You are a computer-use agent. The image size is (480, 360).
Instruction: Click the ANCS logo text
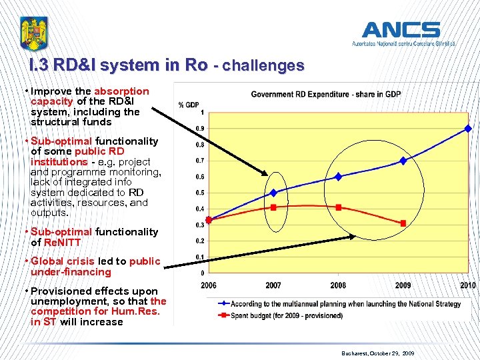click(401, 30)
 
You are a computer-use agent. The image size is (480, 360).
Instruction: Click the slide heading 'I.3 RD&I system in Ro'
click(117, 65)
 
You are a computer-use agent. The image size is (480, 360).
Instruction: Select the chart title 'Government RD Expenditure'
click(325, 94)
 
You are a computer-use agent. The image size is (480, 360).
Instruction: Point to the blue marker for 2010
click(468, 128)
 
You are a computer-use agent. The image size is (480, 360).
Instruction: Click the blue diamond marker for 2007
click(273, 193)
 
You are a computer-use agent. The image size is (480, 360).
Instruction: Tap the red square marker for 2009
click(403, 223)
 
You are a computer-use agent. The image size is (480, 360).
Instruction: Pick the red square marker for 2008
click(339, 207)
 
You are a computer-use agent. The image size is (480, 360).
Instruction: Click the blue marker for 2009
click(403, 161)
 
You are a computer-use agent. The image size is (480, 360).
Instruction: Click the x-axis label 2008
click(339, 285)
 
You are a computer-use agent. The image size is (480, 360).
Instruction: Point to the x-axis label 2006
click(209, 285)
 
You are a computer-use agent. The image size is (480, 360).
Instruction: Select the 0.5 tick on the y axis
click(199, 193)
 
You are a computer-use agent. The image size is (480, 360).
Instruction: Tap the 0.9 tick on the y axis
click(199, 129)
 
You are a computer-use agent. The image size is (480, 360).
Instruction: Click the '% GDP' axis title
click(189, 105)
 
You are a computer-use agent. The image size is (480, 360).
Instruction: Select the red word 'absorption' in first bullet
click(121, 91)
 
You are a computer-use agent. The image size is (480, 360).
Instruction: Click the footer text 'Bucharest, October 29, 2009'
click(378, 353)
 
